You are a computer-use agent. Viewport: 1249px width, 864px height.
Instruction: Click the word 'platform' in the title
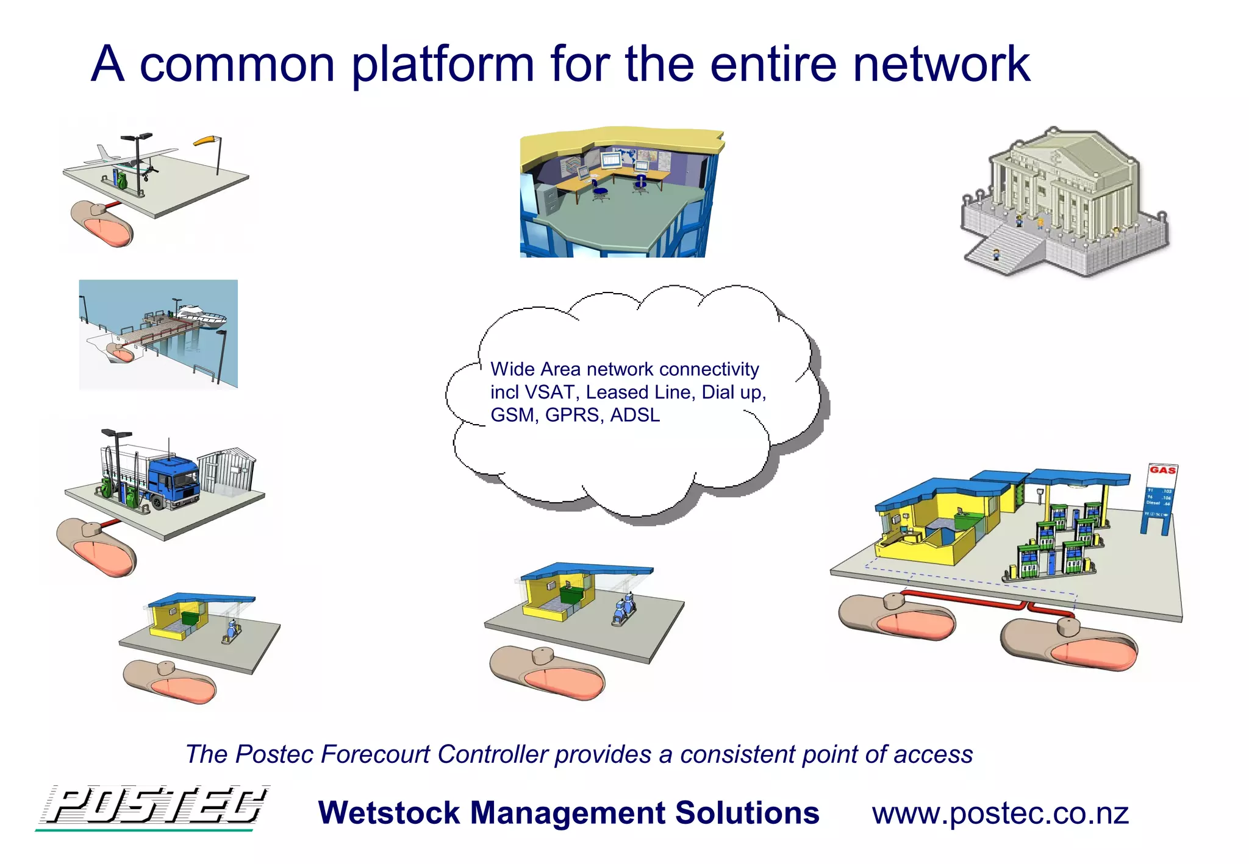(x=443, y=65)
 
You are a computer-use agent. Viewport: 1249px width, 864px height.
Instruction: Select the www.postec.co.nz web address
(x=1000, y=813)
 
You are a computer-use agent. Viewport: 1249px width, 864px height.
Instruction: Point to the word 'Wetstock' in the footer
(x=389, y=813)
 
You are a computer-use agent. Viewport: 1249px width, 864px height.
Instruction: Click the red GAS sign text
(x=1162, y=470)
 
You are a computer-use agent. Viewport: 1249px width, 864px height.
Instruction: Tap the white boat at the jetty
(x=202, y=316)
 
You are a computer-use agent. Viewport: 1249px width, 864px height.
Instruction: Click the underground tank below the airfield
(x=102, y=224)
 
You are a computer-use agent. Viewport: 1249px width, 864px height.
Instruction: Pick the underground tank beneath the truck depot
(x=96, y=547)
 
